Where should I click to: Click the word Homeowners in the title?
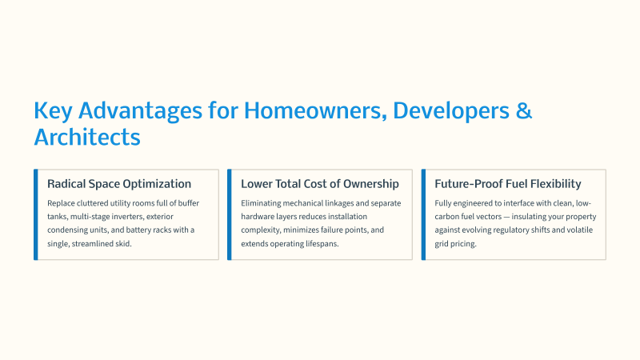(x=315, y=110)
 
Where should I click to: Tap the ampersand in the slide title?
(x=524, y=110)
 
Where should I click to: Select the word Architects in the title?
(x=87, y=137)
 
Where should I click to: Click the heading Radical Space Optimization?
(x=119, y=184)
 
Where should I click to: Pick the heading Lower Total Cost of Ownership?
(x=319, y=184)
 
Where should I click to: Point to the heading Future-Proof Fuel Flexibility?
(x=508, y=184)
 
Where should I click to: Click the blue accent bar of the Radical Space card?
(x=36, y=214)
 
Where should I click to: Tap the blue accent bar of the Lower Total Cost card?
(x=230, y=214)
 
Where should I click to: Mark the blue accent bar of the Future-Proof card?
(x=423, y=214)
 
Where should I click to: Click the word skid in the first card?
(x=124, y=244)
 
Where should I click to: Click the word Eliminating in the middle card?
(x=261, y=203)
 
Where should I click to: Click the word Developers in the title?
(x=451, y=110)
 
